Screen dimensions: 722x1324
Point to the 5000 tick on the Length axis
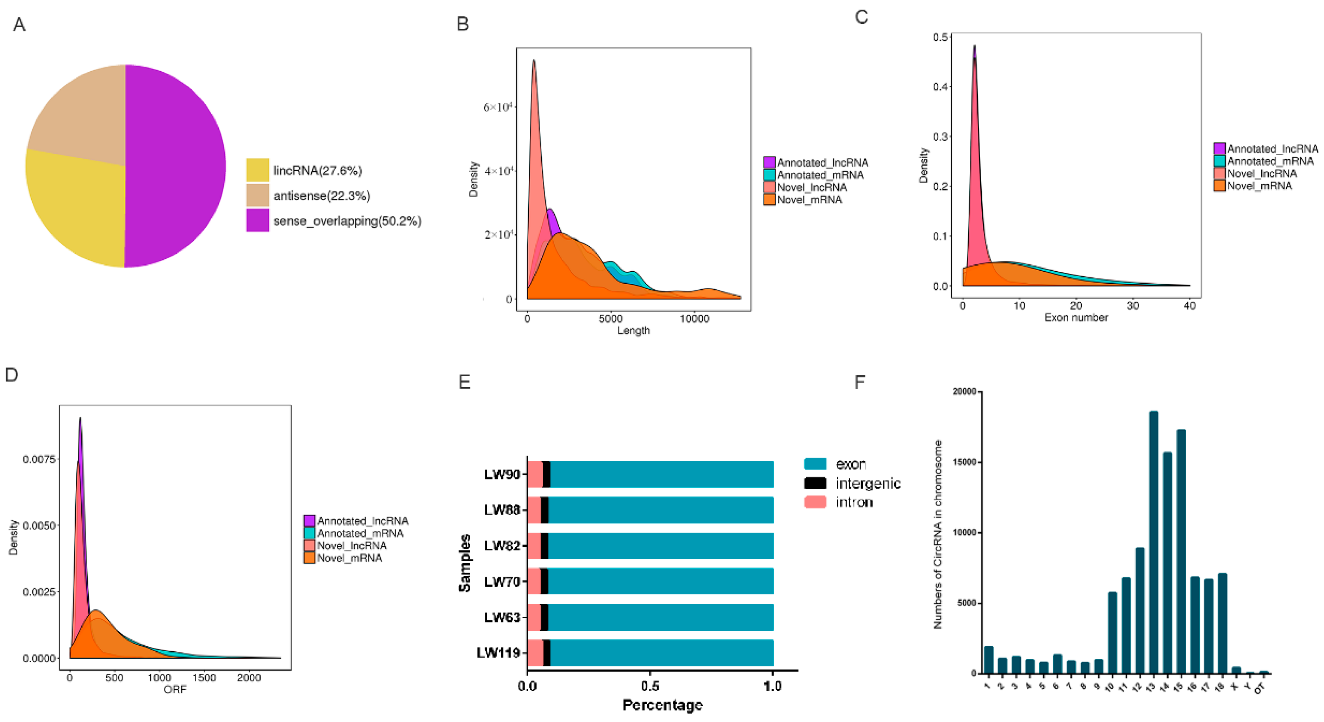[x=610, y=319]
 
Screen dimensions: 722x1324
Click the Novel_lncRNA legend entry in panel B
[x=811, y=187]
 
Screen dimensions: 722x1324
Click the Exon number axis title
[x=1075, y=318]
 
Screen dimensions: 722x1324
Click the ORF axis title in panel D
[x=175, y=690]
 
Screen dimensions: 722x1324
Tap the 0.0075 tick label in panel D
[x=39, y=459]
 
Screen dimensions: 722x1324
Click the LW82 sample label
[x=502, y=546]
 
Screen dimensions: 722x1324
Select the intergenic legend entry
[x=867, y=483]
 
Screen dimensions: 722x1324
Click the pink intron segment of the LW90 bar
[x=535, y=474]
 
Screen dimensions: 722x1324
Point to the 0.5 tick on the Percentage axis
[x=650, y=686]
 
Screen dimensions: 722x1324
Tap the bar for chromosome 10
[x=1112, y=633]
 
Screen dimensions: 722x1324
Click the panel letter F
[x=859, y=383]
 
